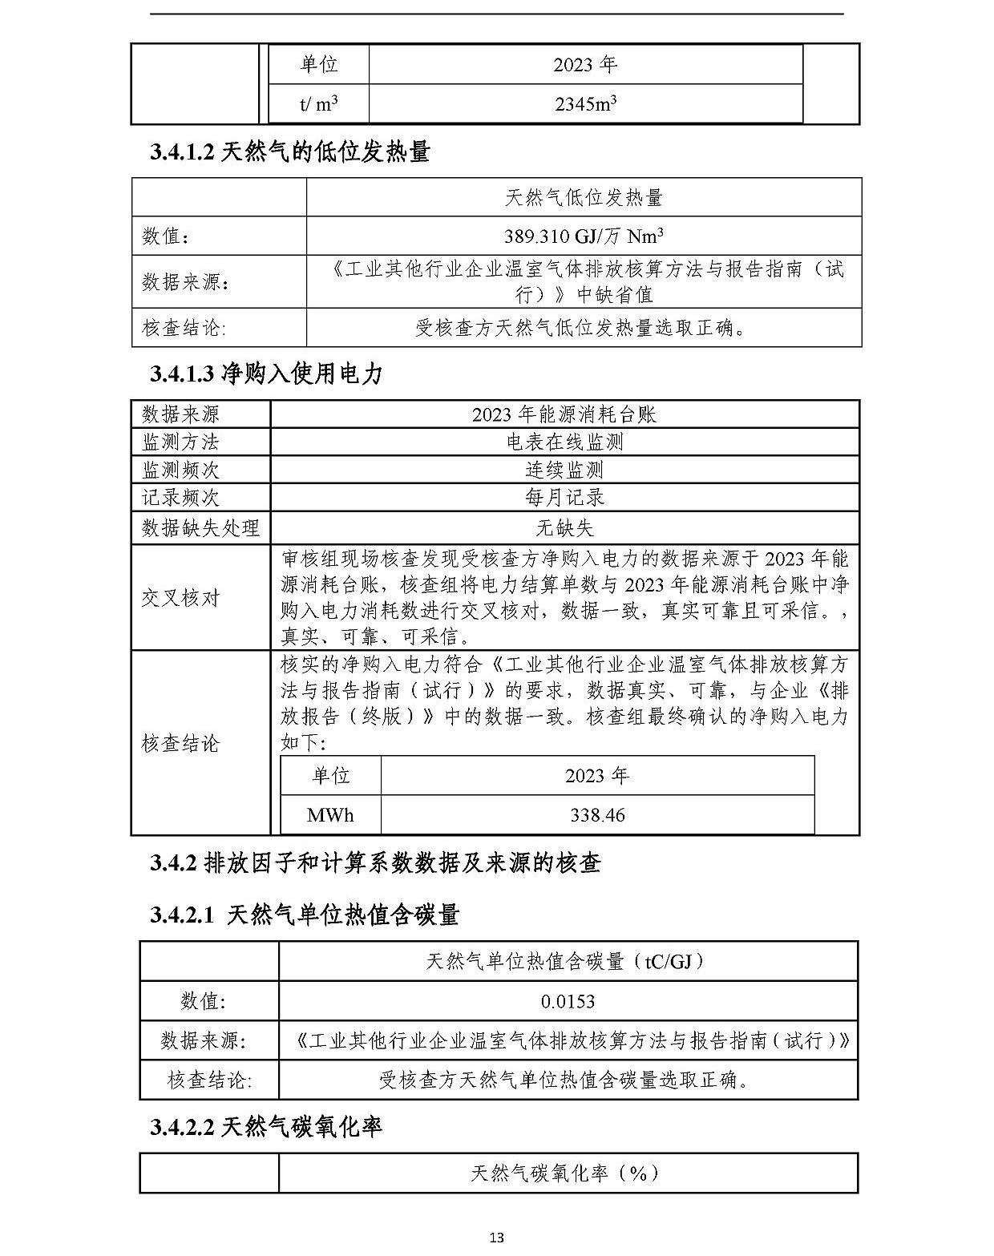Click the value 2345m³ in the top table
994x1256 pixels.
pos(585,104)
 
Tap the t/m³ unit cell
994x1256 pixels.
pos(318,104)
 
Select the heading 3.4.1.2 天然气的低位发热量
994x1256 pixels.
pos(290,151)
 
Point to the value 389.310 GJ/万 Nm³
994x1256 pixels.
pos(584,236)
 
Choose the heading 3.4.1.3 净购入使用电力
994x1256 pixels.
pos(267,374)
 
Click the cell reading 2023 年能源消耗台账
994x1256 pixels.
pos(564,414)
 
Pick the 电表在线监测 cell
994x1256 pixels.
pos(564,442)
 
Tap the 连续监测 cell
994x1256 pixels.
pos(564,470)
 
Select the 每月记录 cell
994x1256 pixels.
pos(564,498)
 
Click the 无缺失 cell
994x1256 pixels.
pos(564,527)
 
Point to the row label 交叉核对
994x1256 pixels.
pos(180,598)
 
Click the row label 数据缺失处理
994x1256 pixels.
pos(200,527)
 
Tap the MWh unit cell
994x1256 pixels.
pos(330,815)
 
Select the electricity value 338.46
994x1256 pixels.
pos(597,815)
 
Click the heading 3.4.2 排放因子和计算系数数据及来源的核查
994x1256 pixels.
pos(375,863)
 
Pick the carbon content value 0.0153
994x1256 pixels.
pos(568,1001)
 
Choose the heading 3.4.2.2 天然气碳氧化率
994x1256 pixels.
pos(266,1127)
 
